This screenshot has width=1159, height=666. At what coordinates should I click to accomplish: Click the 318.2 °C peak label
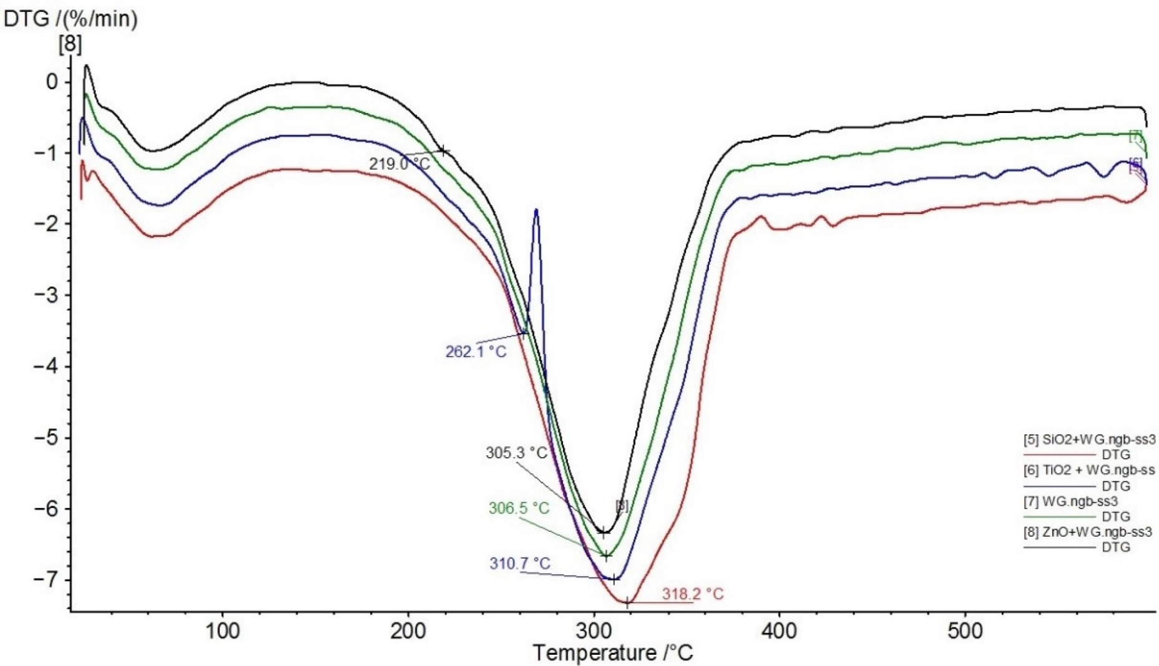point(692,594)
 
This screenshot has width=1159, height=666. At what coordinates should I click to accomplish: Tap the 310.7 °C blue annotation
point(519,564)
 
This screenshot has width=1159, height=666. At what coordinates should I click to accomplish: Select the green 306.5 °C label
point(519,508)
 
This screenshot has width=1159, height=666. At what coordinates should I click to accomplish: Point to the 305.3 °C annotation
point(516,453)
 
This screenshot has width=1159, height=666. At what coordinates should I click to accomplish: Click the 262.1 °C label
point(476,351)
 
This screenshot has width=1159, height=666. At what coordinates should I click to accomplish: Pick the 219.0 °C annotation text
point(399,164)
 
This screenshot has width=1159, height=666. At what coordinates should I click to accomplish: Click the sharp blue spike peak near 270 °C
point(536,211)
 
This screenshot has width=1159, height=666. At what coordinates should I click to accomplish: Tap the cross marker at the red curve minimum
point(627,602)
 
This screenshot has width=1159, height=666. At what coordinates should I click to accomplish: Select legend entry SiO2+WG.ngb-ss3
point(1088,439)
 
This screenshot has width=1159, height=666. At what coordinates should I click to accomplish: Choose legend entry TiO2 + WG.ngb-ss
point(1088,470)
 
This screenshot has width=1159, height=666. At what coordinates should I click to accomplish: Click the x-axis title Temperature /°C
point(612,654)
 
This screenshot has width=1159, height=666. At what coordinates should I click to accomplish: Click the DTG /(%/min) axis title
point(70,19)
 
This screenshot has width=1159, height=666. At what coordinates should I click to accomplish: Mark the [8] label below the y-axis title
point(70,44)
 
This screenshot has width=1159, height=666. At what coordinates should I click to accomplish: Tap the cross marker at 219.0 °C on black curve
point(443,150)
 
